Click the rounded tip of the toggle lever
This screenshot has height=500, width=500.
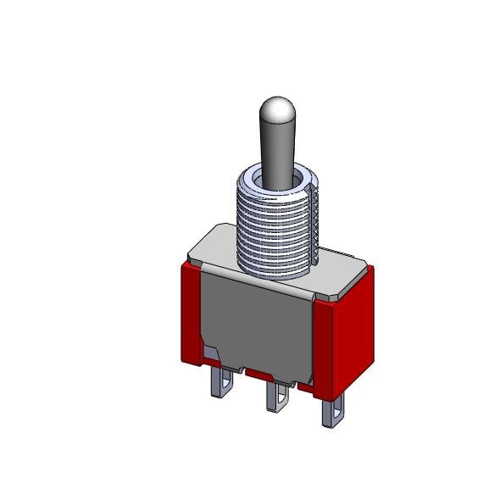(277, 110)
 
